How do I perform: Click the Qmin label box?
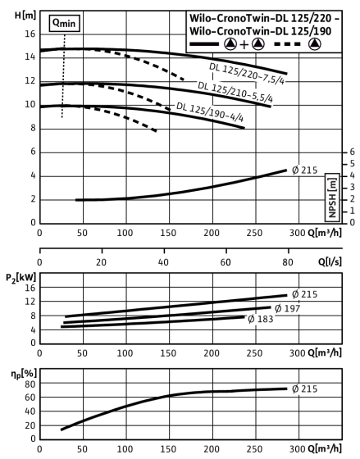tap(65, 23)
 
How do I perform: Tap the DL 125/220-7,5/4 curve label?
tap(247, 74)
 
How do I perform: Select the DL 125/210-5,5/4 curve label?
tap(235, 92)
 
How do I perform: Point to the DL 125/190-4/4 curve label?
tap(210, 111)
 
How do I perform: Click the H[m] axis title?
tap(25, 16)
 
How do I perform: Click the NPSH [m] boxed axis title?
tap(332, 198)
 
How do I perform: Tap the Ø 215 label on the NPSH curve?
tap(304, 170)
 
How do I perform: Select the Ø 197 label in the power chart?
tap(288, 308)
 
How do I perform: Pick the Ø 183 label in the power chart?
tap(261, 319)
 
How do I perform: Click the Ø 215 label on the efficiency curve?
tap(304, 389)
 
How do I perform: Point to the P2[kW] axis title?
tap(21, 278)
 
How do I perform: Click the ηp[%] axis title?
tap(24, 374)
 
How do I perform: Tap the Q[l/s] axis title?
tap(330, 261)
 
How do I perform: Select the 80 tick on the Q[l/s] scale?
tap(288, 262)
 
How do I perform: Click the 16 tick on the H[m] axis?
tap(30, 34)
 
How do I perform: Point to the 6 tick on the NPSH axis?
tap(352, 152)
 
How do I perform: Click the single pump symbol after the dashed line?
tap(315, 44)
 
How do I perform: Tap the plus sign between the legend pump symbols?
tap(244, 44)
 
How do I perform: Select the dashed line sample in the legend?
tap(287, 44)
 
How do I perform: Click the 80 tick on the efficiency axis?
tap(30, 384)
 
